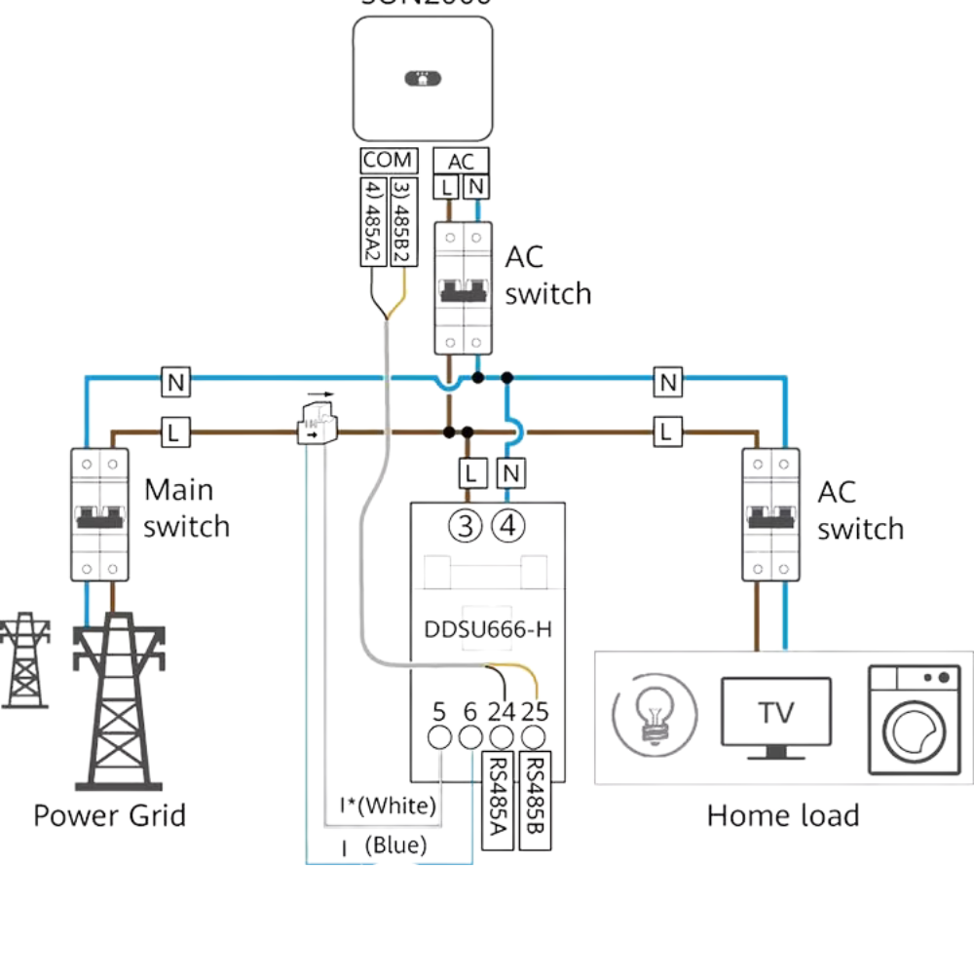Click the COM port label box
point(389,161)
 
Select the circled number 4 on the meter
point(507,527)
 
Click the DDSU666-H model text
point(487,629)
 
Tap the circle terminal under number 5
point(439,737)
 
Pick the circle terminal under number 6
point(470,737)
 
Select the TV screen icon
point(776,714)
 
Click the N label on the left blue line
point(175,383)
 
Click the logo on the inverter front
point(422,78)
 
